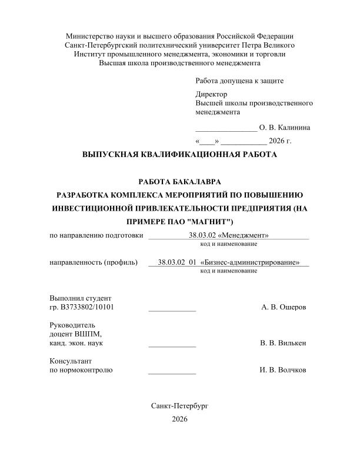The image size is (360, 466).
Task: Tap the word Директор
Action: click(x=211, y=94)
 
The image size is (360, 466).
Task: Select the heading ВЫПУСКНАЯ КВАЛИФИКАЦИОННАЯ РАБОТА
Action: click(x=179, y=155)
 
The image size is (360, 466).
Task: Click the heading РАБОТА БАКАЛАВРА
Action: click(x=179, y=182)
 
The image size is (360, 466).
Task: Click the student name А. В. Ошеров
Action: click(x=283, y=307)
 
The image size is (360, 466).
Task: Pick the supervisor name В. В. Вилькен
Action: click(x=283, y=343)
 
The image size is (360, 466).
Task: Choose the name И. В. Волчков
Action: click(x=283, y=370)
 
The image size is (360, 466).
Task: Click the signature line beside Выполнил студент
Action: click(x=172, y=309)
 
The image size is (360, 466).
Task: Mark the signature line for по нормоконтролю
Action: click(x=172, y=372)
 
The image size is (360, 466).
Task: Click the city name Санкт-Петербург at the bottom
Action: click(x=179, y=406)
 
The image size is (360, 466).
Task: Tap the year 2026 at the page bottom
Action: click(x=179, y=419)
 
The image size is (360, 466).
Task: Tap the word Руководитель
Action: click(x=72, y=325)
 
